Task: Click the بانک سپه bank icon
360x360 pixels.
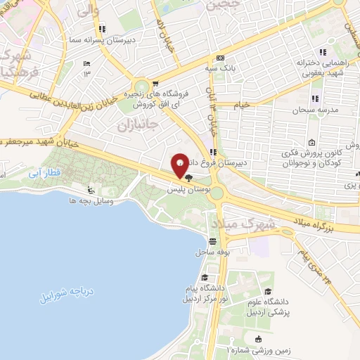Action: coord(221,58)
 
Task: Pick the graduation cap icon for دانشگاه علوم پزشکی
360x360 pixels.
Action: coord(268,290)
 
